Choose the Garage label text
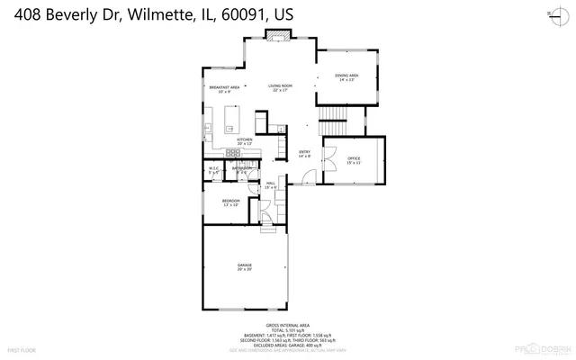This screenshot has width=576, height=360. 244,265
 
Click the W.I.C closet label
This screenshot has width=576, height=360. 213,169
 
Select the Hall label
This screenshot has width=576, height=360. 270,184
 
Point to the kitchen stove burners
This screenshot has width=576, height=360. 232,152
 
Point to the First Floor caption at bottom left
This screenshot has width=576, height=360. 20,349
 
